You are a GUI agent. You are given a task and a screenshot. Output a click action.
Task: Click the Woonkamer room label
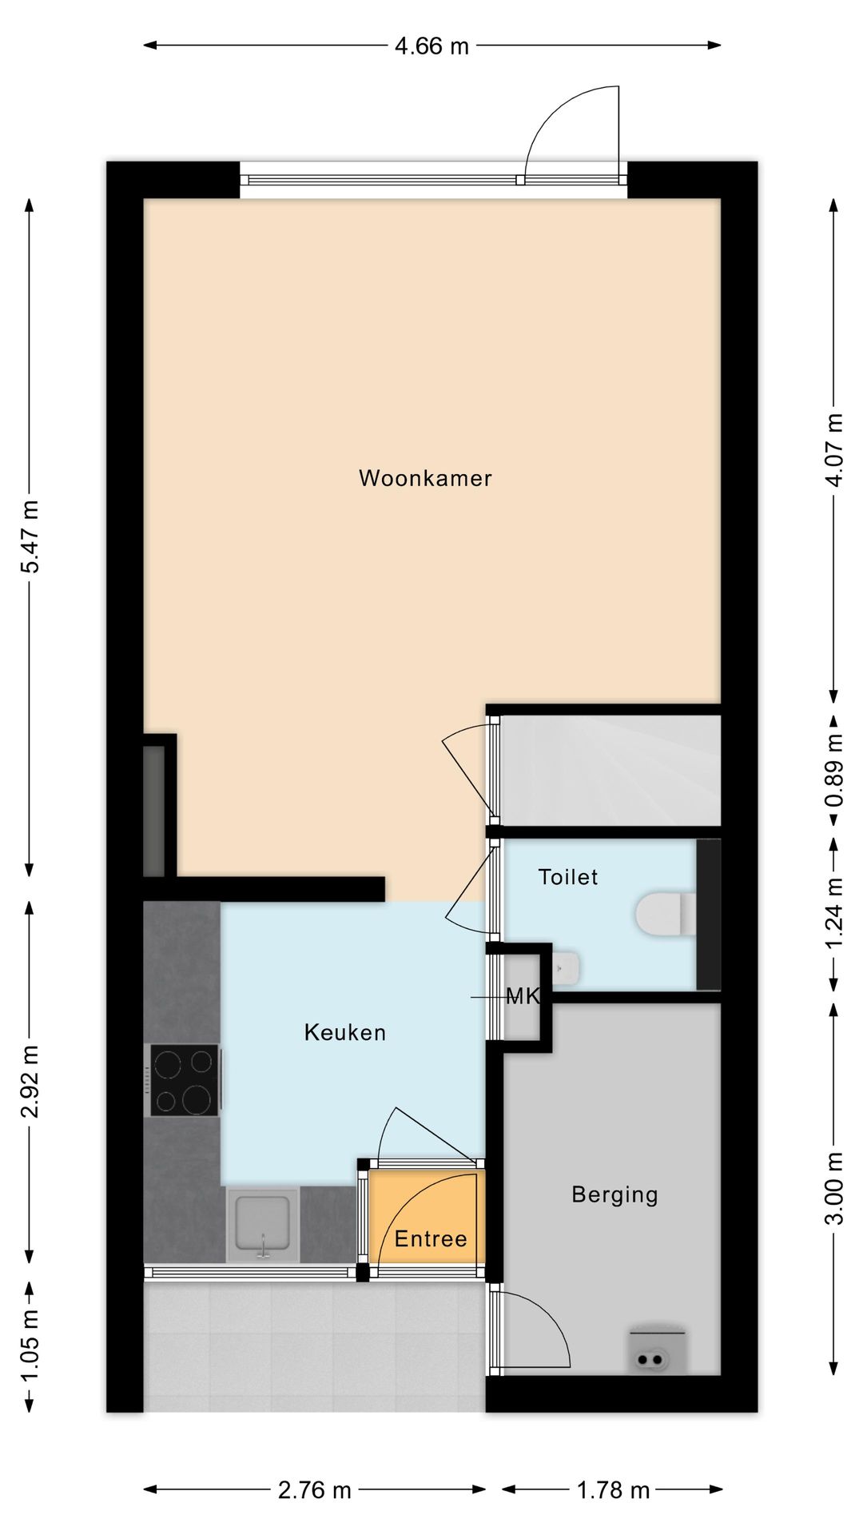point(425,478)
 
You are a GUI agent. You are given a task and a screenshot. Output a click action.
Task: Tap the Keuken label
point(345,1032)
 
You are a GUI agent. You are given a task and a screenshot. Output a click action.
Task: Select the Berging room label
point(614,1195)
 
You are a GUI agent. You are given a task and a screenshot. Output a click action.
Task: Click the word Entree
point(431,1239)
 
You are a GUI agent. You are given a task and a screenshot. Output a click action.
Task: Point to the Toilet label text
point(568,877)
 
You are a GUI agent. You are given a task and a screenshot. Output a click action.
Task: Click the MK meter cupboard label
point(524,996)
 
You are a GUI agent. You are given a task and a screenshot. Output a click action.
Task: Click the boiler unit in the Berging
point(657,1350)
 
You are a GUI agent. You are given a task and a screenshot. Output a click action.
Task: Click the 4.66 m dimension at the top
point(431,46)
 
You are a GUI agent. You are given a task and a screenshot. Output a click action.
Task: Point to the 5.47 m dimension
point(30,536)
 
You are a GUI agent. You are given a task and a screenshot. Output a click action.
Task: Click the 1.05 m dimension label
point(30,1344)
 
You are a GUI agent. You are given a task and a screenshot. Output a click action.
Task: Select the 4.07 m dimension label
point(834,449)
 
